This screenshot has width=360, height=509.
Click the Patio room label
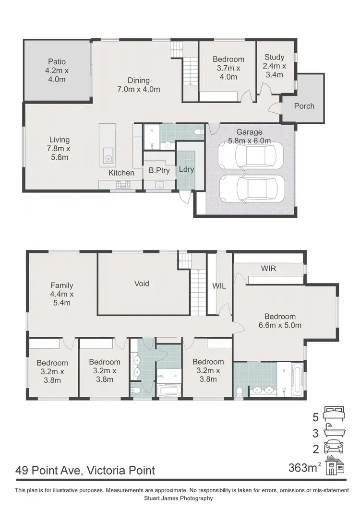click(x=57, y=70)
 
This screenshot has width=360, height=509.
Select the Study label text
click(x=275, y=66)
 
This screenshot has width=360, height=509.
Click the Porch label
click(x=304, y=106)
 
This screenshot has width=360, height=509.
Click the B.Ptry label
click(x=157, y=170)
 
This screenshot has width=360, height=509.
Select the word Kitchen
click(x=121, y=173)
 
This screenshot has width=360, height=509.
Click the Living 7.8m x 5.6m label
click(x=59, y=148)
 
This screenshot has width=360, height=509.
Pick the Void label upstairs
click(x=142, y=284)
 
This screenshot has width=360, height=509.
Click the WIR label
click(x=269, y=268)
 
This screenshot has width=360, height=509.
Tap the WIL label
click(x=219, y=286)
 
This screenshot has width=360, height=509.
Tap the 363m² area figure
click(x=303, y=467)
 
